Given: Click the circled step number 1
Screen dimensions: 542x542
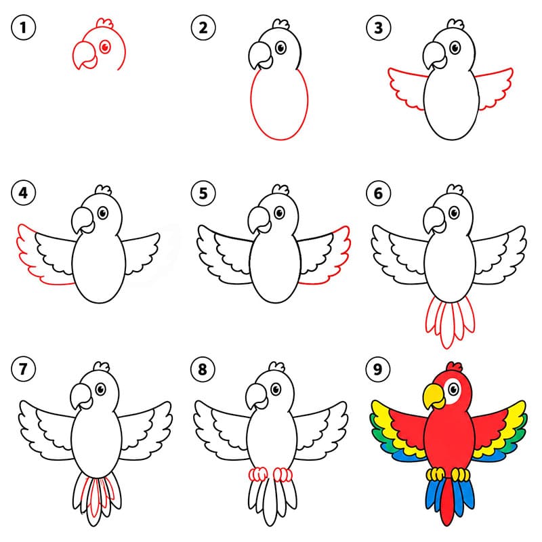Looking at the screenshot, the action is pyautogui.click(x=24, y=28).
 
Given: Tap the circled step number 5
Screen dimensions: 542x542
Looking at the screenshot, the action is pyautogui.click(x=203, y=193).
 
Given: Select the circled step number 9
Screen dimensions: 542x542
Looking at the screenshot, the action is pyautogui.click(x=378, y=369).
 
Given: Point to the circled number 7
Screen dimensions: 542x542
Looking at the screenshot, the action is pyautogui.click(x=24, y=369).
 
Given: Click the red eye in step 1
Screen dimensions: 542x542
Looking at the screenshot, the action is pyautogui.click(x=105, y=46).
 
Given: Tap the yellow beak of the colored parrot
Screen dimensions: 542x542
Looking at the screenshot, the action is pyautogui.click(x=434, y=396).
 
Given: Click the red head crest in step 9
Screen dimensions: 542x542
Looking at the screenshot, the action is pyautogui.click(x=454, y=367).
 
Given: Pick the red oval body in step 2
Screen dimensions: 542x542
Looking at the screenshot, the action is pyautogui.click(x=279, y=104).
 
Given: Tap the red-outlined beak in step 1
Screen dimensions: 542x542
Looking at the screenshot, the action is pyautogui.click(x=85, y=56).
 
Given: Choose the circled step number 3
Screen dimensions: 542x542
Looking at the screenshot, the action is pyautogui.click(x=379, y=28).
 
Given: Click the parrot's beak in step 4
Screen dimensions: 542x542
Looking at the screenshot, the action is pyautogui.click(x=83, y=220).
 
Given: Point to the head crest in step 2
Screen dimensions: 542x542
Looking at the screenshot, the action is pyautogui.click(x=281, y=24).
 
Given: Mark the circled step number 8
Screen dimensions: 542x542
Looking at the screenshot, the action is pyautogui.click(x=203, y=369).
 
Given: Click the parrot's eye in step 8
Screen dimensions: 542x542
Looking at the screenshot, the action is pyautogui.click(x=276, y=390).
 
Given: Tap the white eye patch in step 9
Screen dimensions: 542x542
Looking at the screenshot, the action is pyautogui.click(x=453, y=391).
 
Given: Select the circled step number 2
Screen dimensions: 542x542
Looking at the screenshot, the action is pyautogui.click(x=203, y=28).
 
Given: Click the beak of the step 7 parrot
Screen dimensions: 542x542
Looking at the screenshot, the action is pyautogui.click(x=81, y=397).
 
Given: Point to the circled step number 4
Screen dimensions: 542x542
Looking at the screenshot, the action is pyautogui.click(x=24, y=193).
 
